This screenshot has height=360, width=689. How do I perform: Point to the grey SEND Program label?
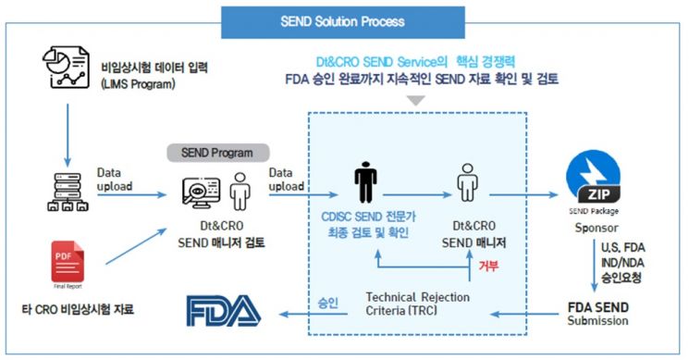tap(217, 151)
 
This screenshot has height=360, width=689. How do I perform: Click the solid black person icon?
tap(366, 183)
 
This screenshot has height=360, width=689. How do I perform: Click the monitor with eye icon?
tap(204, 191)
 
